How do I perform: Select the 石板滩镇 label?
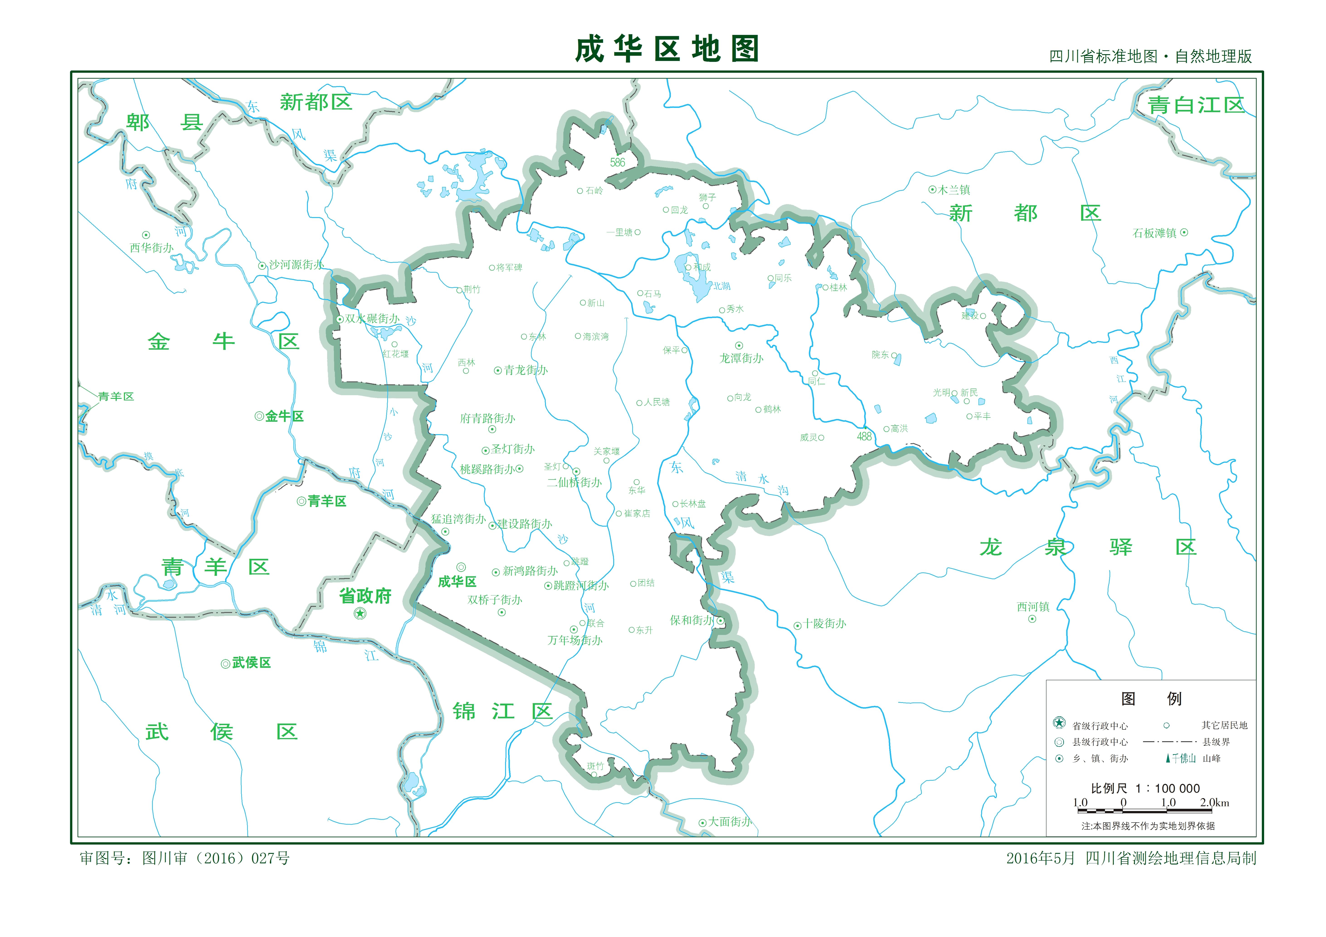point(1154,233)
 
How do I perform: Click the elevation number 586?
point(617,163)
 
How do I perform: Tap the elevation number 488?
point(864,436)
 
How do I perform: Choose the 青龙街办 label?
point(526,370)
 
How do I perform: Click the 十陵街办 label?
point(825,624)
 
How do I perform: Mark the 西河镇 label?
point(1033,607)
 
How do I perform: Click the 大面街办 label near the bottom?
point(730,821)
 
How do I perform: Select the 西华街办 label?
point(151,248)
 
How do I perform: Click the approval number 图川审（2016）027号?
point(215,859)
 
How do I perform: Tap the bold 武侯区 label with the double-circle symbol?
point(251,663)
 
